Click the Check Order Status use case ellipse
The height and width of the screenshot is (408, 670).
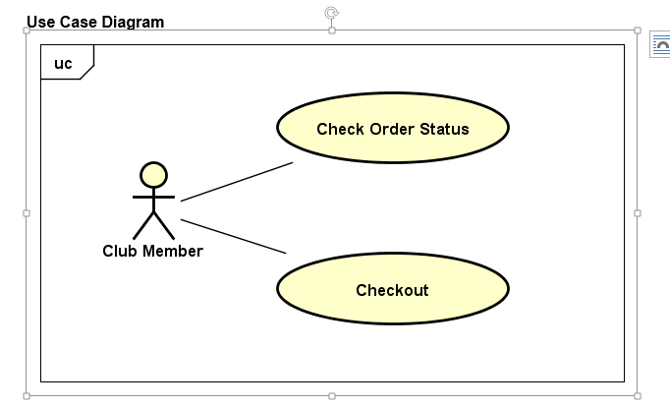tap(392, 129)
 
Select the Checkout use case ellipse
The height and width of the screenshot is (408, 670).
tap(392, 290)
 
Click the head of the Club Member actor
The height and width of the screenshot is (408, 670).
tap(153, 175)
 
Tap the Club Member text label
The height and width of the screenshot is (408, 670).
tap(152, 251)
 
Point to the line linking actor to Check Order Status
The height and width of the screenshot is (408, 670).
tap(237, 182)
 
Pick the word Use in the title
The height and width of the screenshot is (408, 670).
tap(40, 22)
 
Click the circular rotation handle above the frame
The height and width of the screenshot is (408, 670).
tap(332, 13)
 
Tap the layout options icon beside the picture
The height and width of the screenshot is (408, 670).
tap(660, 45)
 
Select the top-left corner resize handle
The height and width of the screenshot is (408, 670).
tap(27, 30)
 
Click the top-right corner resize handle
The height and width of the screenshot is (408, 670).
tap(638, 30)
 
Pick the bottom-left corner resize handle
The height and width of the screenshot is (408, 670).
tap(27, 395)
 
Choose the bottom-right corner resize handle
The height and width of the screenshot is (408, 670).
tap(638, 395)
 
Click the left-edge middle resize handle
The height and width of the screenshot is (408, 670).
tap(27, 212)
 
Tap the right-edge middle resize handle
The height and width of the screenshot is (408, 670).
tap(638, 212)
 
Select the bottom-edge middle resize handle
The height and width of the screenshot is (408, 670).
tap(332, 395)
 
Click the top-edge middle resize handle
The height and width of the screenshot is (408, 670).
tap(332, 30)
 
